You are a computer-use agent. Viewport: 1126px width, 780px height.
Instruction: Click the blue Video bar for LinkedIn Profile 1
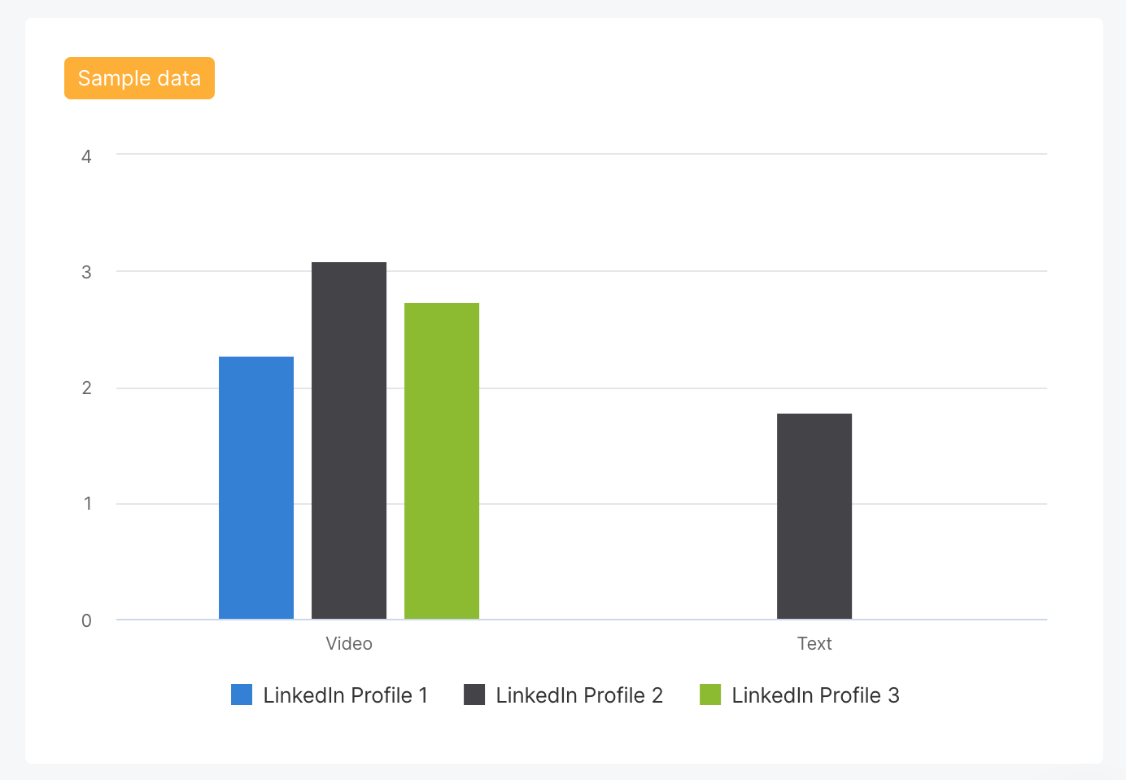256,488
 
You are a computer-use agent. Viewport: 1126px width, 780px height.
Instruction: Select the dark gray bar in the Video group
349,440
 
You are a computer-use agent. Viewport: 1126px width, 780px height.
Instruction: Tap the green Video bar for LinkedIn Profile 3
442,461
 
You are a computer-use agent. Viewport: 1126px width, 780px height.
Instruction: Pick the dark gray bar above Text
814,516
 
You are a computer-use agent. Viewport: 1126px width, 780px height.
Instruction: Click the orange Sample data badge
139,78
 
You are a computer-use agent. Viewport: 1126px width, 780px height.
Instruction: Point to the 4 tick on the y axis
86,156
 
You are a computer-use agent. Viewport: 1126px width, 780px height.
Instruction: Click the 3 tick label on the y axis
86,272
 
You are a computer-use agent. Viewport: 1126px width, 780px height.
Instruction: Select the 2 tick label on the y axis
86,388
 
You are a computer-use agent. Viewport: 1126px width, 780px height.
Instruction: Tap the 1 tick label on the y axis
87,504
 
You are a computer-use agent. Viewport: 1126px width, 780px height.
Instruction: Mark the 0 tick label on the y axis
86,620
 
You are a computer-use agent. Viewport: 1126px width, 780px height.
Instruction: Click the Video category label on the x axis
349,643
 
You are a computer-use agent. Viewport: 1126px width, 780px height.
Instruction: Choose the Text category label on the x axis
814,643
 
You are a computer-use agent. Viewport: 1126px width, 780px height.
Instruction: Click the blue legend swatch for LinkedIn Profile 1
242,695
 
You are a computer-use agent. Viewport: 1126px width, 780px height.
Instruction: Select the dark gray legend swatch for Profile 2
474,695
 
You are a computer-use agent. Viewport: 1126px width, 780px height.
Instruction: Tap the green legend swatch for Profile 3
710,695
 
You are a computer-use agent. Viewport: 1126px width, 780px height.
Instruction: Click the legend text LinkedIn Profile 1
345,695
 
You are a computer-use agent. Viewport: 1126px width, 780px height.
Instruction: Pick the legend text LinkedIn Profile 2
579,695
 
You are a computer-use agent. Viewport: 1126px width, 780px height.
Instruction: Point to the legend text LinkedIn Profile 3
815,695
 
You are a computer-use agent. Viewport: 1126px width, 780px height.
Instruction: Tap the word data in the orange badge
180,78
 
